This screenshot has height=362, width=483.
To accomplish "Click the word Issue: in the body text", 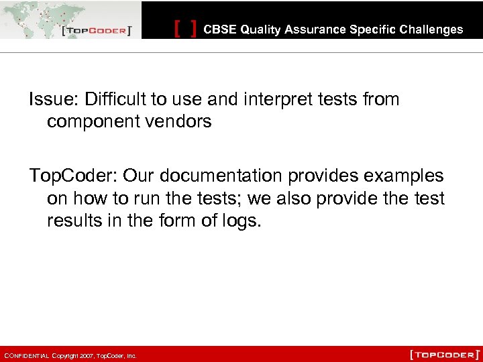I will [53, 100].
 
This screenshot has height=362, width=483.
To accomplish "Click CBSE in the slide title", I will [220, 29].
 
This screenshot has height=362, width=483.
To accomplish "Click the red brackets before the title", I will [186, 29].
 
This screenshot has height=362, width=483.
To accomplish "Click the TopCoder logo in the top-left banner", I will [95, 31].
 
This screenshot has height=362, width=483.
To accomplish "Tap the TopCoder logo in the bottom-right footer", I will [445, 353].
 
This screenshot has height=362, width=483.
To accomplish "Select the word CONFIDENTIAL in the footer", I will [27, 356].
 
